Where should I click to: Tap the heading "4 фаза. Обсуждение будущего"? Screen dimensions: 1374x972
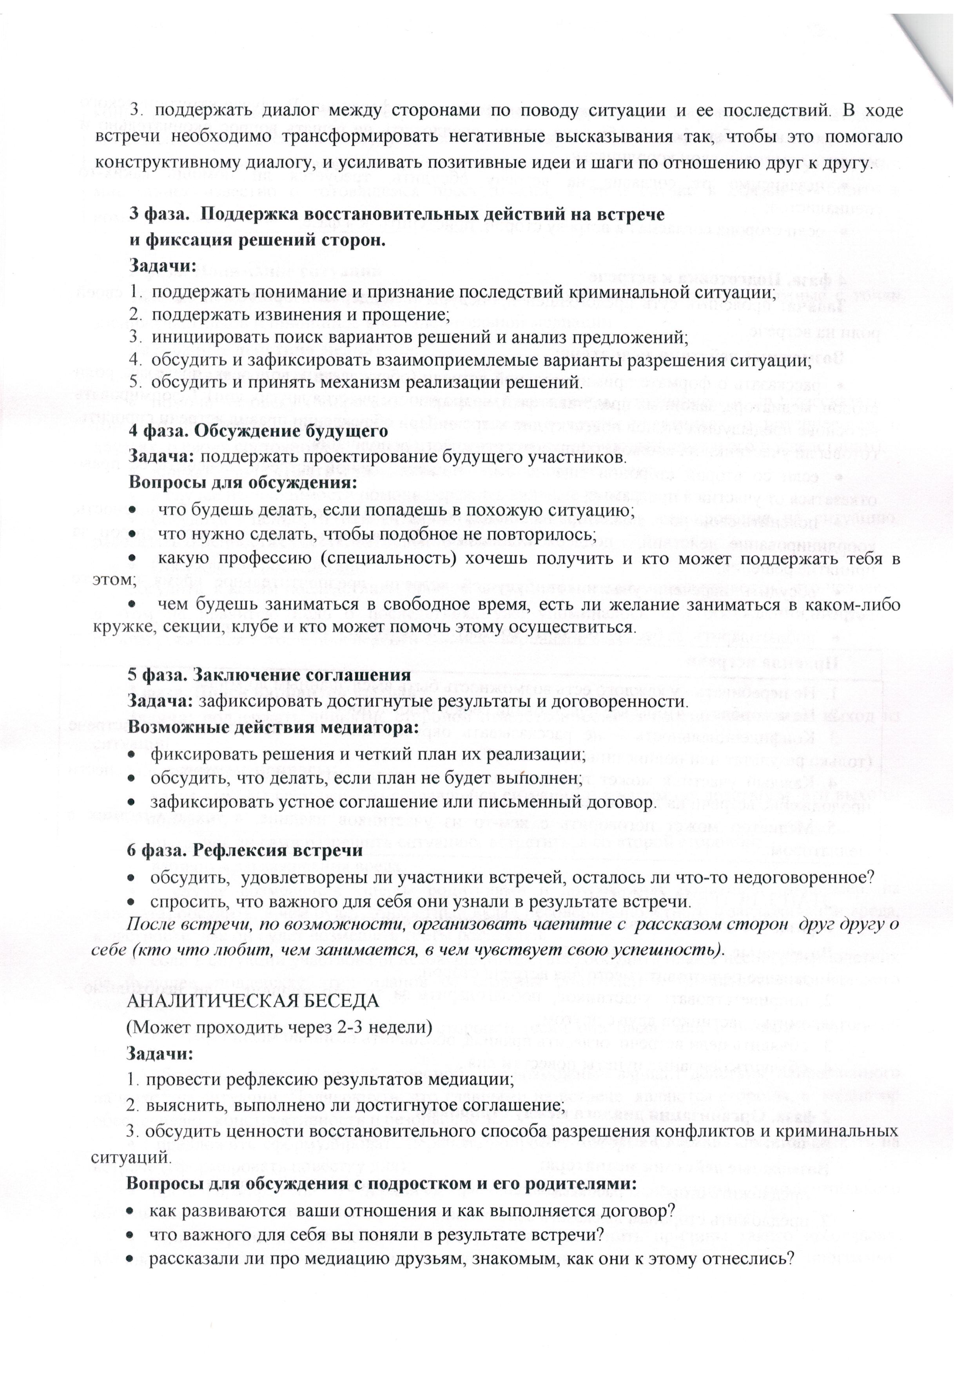259,431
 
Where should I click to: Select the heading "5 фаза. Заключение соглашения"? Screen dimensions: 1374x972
269,674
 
